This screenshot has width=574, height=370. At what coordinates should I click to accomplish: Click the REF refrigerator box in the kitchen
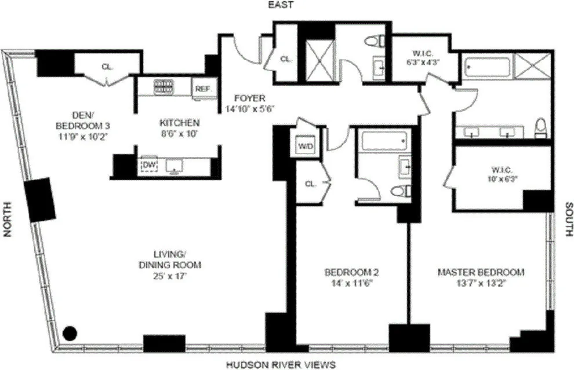[202, 89]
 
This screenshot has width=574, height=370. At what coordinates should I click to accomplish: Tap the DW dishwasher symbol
[149, 166]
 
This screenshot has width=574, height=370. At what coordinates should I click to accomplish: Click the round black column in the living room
[70, 333]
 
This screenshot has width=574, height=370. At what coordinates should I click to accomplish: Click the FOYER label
[249, 98]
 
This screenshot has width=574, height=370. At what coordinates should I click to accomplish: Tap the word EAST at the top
[280, 5]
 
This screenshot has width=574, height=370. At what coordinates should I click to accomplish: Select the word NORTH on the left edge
[8, 219]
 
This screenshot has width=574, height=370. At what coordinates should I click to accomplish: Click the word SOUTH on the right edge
[569, 220]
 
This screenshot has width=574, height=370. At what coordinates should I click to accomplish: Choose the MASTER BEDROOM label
[481, 272]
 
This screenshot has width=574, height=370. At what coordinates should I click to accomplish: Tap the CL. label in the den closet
[107, 67]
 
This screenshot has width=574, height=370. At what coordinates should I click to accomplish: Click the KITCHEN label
[180, 123]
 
